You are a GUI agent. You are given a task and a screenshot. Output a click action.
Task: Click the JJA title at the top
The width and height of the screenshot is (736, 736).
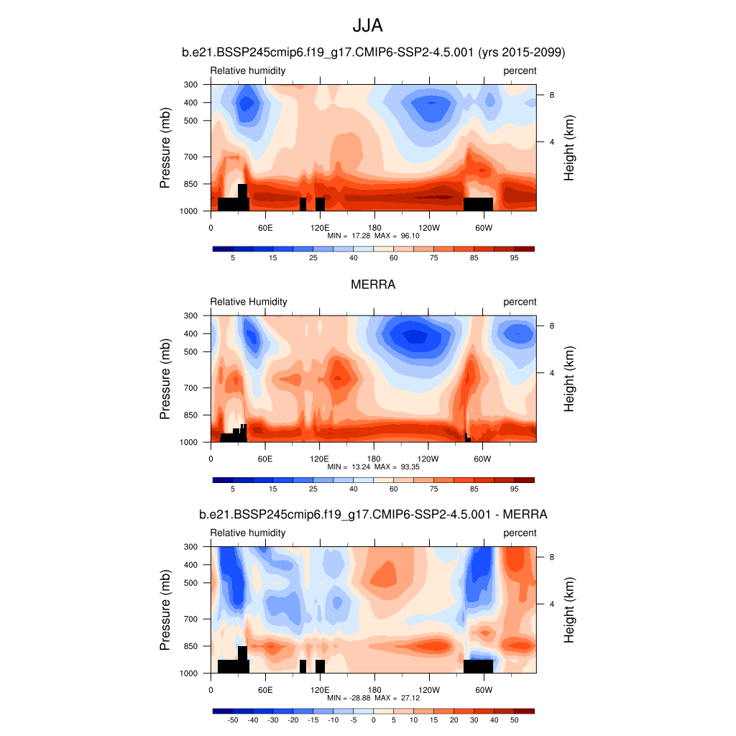[367, 26]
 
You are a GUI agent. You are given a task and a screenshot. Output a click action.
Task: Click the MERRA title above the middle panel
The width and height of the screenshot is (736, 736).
[373, 285]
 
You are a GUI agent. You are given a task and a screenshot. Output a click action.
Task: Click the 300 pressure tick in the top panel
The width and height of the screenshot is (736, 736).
[190, 85]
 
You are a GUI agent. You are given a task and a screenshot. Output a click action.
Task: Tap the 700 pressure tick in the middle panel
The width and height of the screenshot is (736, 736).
[190, 388]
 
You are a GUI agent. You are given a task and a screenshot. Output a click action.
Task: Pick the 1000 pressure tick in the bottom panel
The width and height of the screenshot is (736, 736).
[188, 674]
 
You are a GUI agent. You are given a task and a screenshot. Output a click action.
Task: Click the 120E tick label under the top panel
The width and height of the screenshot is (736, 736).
[319, 228]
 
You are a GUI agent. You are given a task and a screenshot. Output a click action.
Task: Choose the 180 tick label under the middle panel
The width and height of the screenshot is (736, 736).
[374, 459]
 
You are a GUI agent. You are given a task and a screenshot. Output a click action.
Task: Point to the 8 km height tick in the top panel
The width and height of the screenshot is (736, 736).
[551, 95]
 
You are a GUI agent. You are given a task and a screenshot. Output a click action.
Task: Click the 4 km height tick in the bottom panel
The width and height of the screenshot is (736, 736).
[551, 604]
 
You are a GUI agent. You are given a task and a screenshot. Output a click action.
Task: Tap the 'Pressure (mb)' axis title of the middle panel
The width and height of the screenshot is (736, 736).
[165, 379]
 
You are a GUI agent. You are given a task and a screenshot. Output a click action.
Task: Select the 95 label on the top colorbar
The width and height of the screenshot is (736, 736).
[514, 257]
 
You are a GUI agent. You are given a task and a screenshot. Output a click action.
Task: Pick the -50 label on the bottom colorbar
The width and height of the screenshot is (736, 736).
[232, 719]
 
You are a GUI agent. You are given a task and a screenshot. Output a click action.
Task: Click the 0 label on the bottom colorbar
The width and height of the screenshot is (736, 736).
[373, 719]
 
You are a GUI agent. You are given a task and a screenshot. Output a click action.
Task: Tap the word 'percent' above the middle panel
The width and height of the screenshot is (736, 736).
[520, 302]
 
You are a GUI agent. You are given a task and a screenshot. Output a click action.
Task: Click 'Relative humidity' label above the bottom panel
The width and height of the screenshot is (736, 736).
[248, 533]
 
